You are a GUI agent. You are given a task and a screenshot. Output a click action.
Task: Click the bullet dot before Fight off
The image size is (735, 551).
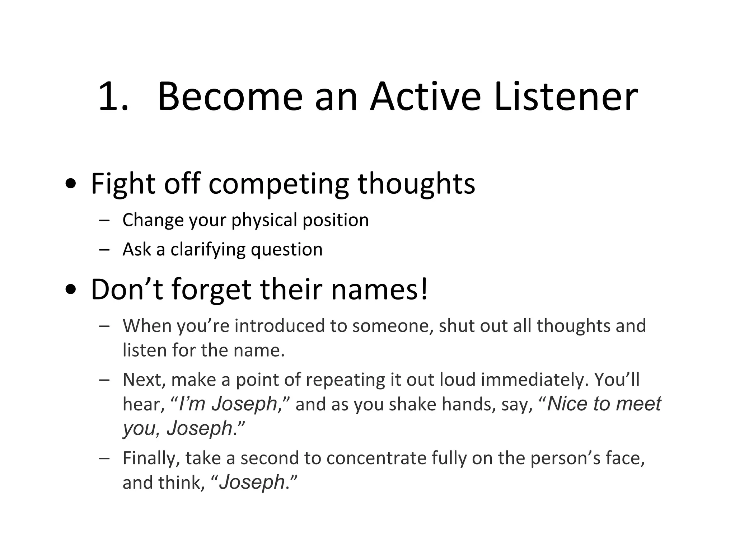[71, 184]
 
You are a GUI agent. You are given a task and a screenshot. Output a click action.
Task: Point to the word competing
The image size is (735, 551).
[278, 184]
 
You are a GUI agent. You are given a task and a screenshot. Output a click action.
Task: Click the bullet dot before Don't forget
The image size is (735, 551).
[71, 290]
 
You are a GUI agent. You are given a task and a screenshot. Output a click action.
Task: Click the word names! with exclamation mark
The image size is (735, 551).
[379, 289]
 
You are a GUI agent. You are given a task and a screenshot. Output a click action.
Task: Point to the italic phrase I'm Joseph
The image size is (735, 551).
[228, 404]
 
